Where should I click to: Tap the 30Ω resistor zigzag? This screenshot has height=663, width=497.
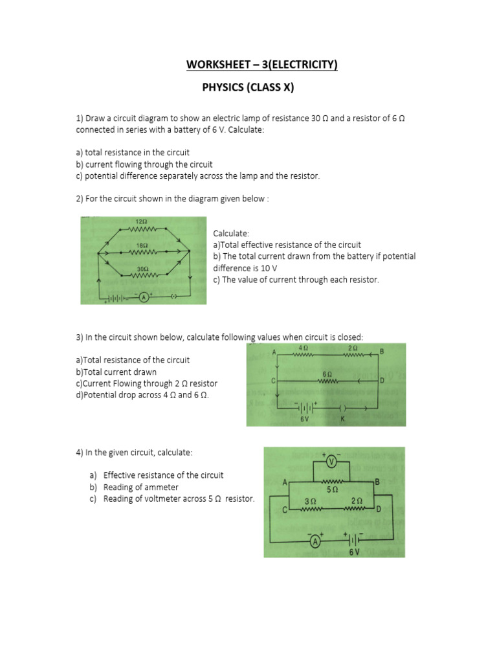pyautogui.click(x=144, y=275)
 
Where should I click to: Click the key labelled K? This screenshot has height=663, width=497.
pyautogui.click(x=344, y=409)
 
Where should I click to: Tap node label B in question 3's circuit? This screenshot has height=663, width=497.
pyautogui.click(x=382, y=351)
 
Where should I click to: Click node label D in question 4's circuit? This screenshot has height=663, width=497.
pyautogui.click(x=379, y=509)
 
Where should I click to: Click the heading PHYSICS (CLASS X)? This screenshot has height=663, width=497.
pyautogui.click(x=248, y=88)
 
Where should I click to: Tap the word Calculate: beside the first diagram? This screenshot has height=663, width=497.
pyautogui.click(x=230, y=233)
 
